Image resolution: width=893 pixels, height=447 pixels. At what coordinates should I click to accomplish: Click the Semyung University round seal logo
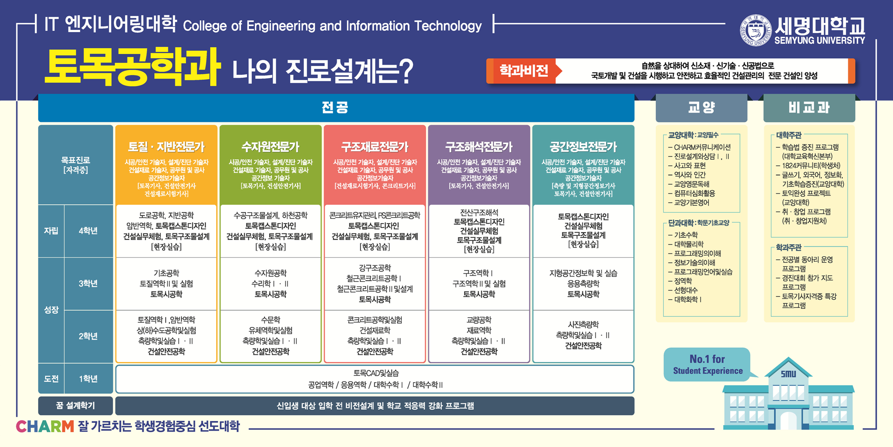[x=755, y=30]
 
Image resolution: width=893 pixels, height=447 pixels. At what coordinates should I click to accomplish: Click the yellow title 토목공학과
[x=133, y=67]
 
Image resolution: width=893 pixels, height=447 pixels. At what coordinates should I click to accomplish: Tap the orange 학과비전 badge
[x=524, y=71]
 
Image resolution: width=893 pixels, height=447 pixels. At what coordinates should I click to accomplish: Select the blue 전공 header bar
[x=336, y=108]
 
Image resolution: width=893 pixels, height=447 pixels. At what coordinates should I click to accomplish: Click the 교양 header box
[x=701, y=108]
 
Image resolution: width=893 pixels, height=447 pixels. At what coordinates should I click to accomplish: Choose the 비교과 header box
[x=809, y=108]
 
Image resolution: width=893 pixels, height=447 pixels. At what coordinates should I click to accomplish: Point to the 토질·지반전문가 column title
[x=167, y=147]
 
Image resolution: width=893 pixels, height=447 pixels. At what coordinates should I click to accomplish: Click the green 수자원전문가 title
[x=270, y=147]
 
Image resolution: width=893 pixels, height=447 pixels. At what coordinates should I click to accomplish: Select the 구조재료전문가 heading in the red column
[x=375, y=147]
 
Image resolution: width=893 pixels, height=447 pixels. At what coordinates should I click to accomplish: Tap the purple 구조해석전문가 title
[x=479, y=147]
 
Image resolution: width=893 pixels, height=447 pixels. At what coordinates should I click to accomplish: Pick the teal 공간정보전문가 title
[x=583, y=147]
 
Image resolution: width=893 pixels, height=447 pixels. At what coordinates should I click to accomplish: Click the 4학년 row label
[x=88, y=231]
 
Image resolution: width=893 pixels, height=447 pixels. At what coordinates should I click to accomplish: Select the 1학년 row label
[x=88, y=379]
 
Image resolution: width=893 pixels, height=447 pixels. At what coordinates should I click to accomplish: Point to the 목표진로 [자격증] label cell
[x=76, y=165]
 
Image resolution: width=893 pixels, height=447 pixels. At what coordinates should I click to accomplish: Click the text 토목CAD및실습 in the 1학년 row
[x=376, y=373]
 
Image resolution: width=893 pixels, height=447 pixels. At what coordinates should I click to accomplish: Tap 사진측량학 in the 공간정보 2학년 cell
[x=583, y=324]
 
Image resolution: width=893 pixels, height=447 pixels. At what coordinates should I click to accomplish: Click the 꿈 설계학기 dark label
[x=76, y=406]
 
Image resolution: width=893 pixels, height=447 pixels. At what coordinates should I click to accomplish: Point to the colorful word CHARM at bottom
[x=45, y=426]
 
